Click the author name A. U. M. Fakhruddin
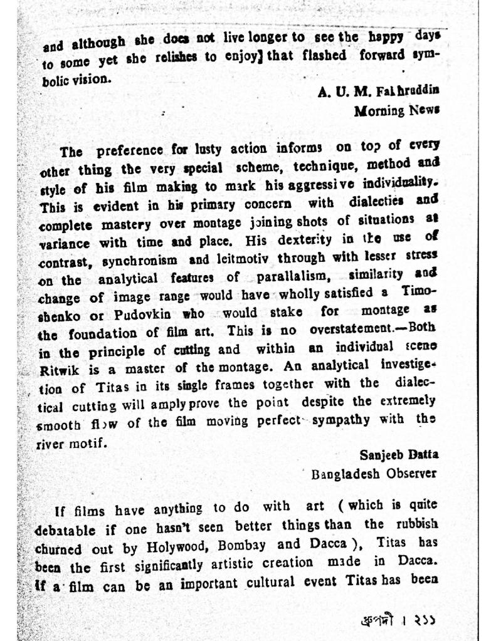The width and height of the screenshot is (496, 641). click(x=378, y=91)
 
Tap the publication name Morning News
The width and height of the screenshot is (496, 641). click(x=396, y=111)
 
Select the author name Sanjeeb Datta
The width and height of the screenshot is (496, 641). click(x=399, y=454)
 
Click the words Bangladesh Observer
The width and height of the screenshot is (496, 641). click(x=374, y=474)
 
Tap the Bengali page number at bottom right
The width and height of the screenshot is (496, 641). click(x=399, y=620)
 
